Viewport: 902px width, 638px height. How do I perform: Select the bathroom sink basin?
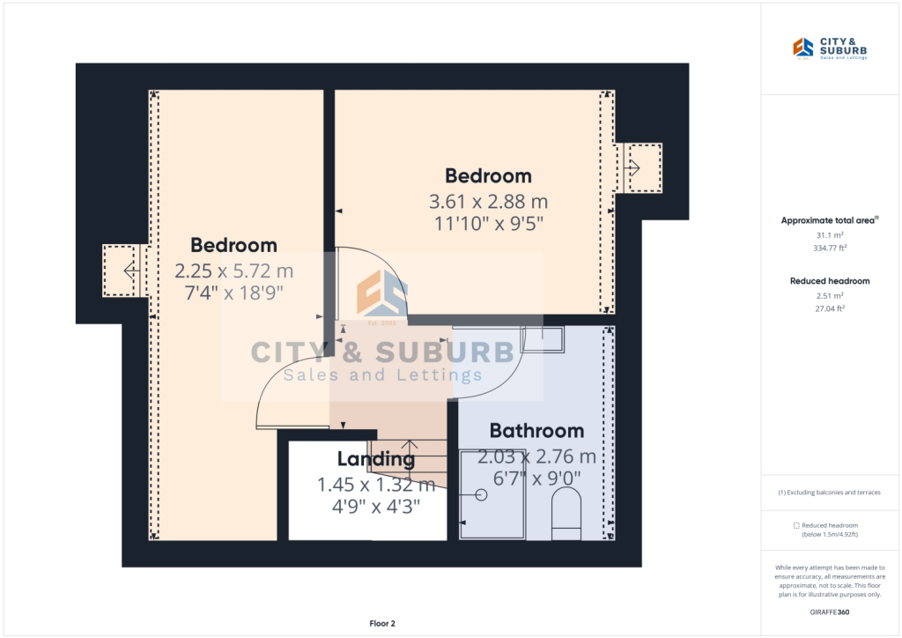541,339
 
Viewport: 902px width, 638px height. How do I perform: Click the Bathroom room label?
536,431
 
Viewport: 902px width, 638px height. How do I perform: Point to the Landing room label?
375,459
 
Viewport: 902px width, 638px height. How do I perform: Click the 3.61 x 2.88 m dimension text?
488,200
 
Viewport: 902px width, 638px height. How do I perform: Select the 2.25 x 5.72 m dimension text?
233,270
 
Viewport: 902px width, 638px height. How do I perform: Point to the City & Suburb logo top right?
830,49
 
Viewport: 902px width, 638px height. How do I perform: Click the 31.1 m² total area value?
830,235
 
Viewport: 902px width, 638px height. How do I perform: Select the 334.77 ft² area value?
830,249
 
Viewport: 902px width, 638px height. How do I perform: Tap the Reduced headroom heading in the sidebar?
830,281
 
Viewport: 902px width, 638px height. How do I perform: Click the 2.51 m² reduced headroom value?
830,295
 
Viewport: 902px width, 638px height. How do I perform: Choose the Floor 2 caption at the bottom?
381,624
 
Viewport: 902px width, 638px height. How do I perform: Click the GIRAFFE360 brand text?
830,612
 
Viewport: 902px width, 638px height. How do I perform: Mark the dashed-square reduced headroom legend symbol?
796,525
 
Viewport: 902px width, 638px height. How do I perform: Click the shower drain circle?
481,494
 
